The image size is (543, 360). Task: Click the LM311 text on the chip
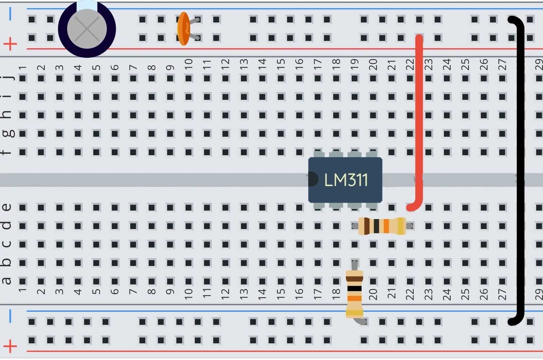pos(346,180)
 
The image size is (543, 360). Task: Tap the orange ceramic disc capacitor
pos(183,29)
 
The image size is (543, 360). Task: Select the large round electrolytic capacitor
pos(87,29)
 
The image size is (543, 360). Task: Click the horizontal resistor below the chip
pos(382,226)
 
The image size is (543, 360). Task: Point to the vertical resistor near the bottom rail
pos(354,294)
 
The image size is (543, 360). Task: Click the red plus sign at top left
pos(10,44)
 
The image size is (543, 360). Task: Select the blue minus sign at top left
pos(10,14)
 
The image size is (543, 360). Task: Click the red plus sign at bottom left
pos(10,346)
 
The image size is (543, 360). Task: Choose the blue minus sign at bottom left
pos(10,316)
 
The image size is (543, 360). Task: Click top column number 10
pos(189,63)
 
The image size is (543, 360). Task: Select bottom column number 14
pos(262,294)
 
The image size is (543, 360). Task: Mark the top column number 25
pos(465,64)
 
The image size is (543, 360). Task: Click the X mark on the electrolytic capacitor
pos(87,29)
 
